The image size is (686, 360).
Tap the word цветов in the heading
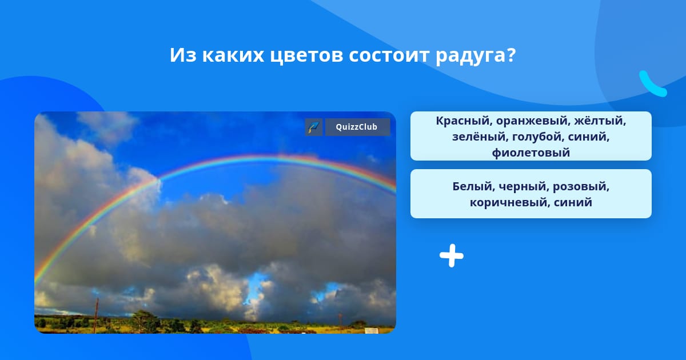(x=306, y=56)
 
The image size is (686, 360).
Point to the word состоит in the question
(x=389, y=55)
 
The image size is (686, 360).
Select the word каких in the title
(x=233, y=55)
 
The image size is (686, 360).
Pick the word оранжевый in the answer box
(x=533, y=122)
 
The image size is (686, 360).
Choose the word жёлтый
(x=600, y=121)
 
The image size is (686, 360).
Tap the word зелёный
(x=480, y=137)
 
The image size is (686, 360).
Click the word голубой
(x=538, y=137)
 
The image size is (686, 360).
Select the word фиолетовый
(x=531, y=153)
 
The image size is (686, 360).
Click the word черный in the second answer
(x=524, y=187)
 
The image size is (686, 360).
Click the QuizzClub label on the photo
(x=357, y=127)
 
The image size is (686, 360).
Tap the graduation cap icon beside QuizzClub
(x=314, y=127)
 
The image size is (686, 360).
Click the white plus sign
(x=452, y=255)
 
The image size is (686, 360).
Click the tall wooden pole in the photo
(x=96, y=315)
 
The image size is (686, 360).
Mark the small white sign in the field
(x=371, y=331)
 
